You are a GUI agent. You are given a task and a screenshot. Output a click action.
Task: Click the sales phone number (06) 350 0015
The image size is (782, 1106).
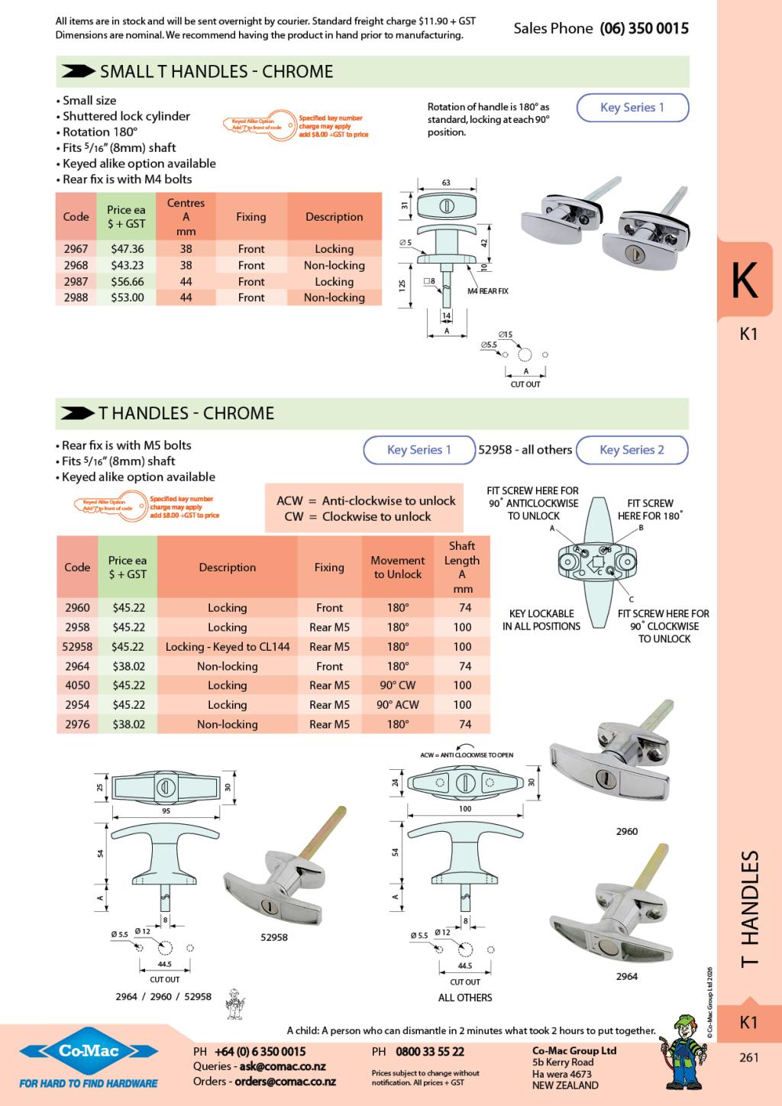644,29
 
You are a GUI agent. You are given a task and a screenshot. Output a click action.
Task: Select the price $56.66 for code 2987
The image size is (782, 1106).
127,282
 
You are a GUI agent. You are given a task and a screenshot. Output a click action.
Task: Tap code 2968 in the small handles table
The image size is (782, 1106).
76,266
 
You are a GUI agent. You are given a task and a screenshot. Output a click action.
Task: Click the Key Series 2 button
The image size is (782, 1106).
632,450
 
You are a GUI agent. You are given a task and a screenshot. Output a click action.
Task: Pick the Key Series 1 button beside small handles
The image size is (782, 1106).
632,108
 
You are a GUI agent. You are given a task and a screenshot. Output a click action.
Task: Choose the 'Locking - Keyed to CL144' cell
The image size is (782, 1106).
227,647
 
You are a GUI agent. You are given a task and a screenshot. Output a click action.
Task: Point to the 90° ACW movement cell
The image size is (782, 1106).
397,705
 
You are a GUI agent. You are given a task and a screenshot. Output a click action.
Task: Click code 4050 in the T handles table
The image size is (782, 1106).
77,686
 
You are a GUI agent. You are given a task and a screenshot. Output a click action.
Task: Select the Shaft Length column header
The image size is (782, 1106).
462,567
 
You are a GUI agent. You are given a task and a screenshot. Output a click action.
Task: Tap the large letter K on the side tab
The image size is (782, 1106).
745,281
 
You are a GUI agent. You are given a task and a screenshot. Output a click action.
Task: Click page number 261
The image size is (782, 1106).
748,1058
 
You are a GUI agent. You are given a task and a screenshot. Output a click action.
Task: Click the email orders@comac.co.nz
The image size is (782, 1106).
285,1082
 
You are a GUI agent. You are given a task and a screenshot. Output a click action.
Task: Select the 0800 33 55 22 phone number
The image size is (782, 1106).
430,1052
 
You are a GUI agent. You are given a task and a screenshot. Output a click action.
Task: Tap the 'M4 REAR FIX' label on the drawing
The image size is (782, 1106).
488,291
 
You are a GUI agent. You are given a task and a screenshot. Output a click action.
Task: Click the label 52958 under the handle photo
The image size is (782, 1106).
274,937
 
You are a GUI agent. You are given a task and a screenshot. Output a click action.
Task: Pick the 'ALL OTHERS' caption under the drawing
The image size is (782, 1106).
465,998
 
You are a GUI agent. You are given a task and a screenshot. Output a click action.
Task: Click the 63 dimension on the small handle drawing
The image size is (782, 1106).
446,183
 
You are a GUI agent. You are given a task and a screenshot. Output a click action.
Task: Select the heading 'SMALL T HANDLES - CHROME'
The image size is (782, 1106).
217,72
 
